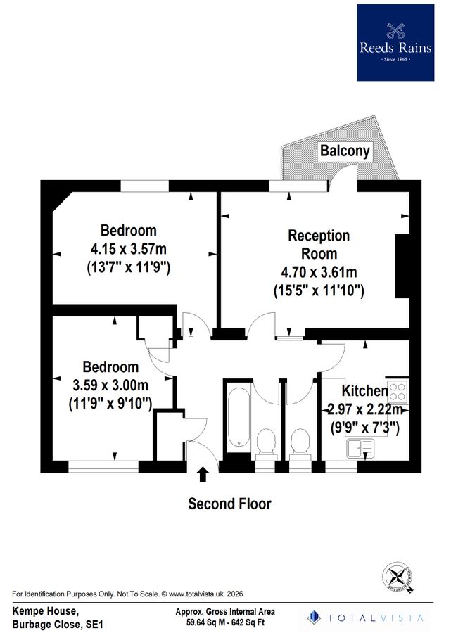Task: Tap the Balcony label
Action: (345, 151)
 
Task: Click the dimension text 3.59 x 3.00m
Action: (111, 385)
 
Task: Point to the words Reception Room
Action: (318, 244)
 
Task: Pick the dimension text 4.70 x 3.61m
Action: (318, 272)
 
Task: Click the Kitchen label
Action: (364, 391)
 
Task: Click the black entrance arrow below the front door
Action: (203, 475)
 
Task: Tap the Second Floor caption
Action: (229, 504)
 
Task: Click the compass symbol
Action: (398, 577)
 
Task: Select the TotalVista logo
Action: (366, 617)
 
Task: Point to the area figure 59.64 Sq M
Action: (205, 622)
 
